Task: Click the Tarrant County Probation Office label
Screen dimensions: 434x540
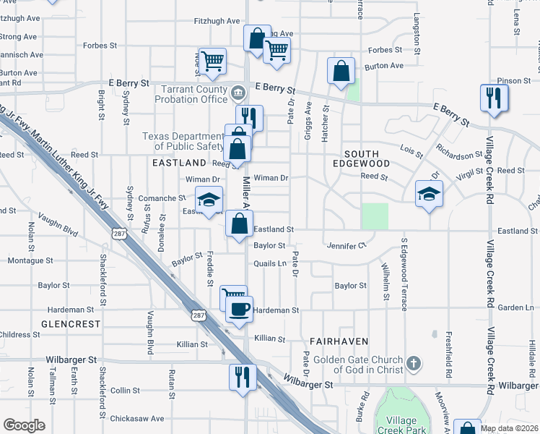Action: (193, 94)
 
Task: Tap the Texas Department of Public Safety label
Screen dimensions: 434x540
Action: (183, 141)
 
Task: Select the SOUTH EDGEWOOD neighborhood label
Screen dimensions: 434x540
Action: (367, 159)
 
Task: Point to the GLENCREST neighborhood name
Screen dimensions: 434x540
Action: (71, 324)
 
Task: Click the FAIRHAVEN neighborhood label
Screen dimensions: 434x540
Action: (339, 341)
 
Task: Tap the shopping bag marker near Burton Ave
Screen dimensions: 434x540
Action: (341, 72)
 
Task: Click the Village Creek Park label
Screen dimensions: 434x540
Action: (401, 426)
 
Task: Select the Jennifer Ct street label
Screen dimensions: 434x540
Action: (346, 246)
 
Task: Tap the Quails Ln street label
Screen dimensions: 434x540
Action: (270, 263)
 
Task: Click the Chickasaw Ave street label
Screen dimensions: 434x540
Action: (137, 418)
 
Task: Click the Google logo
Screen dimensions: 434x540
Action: (24, 425)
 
